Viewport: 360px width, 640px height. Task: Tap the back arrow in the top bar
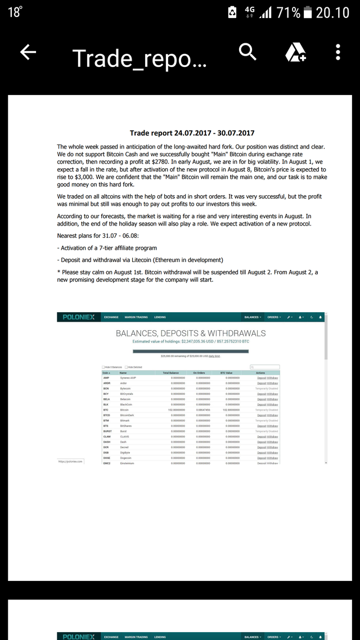(x=28, y=52)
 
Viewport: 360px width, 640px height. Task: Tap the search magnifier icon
(x=247, y=52)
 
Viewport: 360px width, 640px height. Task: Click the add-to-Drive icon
(x=295, y=52)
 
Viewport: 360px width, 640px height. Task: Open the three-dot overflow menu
(x=337, y=52)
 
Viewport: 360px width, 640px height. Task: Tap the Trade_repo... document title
(x=139, y=57)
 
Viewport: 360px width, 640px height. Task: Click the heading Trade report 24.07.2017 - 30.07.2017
(x=192, y=133)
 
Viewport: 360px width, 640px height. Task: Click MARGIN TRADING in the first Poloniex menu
(x=136, y=317)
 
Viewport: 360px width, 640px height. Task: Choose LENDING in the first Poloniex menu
(x=160, y=317)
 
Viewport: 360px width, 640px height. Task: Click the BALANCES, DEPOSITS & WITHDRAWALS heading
(x=191, y=333)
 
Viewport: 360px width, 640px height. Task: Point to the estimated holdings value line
(x=191, y=341)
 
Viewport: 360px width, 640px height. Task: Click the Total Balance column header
(x=170, y=373)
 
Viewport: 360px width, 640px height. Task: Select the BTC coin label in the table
(x=106, y=410)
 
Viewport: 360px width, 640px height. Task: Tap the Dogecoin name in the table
(x=127, y=458)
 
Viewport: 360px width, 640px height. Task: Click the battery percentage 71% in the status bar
(x=289, y=12)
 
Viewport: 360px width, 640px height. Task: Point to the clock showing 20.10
(x=332, y=12)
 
